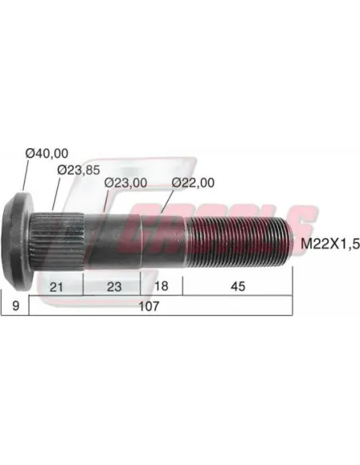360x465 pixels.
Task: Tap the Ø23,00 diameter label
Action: point(125,182)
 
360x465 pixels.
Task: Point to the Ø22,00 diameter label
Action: point(194,182)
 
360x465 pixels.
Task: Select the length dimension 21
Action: point(56,286)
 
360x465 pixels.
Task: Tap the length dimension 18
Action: point(161,286)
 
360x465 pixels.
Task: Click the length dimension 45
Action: point(237,286)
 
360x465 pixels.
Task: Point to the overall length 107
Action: point(160,306)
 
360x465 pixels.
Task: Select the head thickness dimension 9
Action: point(14,306)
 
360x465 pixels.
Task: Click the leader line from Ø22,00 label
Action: point(168,201)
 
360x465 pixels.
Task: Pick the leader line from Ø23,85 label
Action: point(57,191)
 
